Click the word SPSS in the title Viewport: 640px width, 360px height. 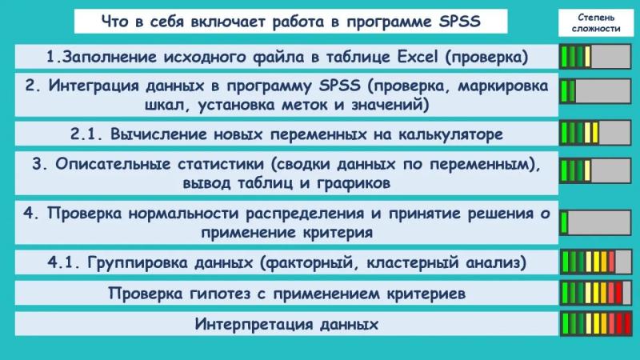(x=459, y=22)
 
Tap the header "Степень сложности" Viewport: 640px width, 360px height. (x=596, y=23)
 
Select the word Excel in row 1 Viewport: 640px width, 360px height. (x=417, y=57)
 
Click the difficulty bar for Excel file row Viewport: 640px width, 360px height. (x=595, y=56)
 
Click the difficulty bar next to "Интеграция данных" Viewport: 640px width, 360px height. (x=595, y=91)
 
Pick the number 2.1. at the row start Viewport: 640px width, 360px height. (x=86, y=134)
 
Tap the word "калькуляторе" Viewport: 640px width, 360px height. (x=450, y=134)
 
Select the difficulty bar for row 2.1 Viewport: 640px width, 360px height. (x=595, y=133)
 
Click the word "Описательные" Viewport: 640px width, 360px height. (x=113, y=164)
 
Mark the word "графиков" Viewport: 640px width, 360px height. (x=354, y=183)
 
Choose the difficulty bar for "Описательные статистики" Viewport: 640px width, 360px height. (x=595, y=170)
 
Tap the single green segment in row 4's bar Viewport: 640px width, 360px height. (x=565, y=222)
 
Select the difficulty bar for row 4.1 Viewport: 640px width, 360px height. (x=595, y=262)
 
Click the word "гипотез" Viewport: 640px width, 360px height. (x=220, y=294)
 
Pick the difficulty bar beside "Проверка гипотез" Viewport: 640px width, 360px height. (x=595, y=293)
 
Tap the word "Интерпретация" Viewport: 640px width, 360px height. (x=253, y=325)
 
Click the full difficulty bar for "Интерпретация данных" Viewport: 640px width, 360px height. (x=595, y=324)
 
